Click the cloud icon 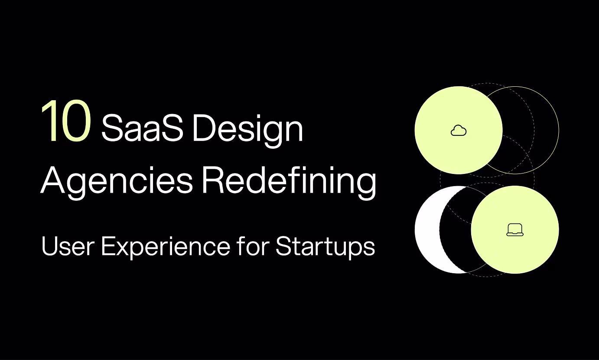click(459, 130)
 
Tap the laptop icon click(515, 230)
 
